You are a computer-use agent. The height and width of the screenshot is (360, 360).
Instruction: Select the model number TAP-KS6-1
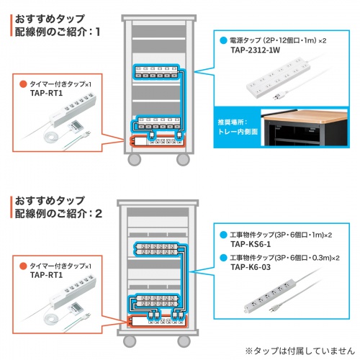click(x=251, y=245)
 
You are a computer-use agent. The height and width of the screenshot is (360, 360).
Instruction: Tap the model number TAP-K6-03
click(x=251, y=267)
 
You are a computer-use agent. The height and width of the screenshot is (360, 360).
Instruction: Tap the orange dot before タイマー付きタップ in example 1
click(x=23, y=84)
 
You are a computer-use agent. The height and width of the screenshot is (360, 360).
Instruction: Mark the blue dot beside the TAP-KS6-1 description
click(x=223, y=235)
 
